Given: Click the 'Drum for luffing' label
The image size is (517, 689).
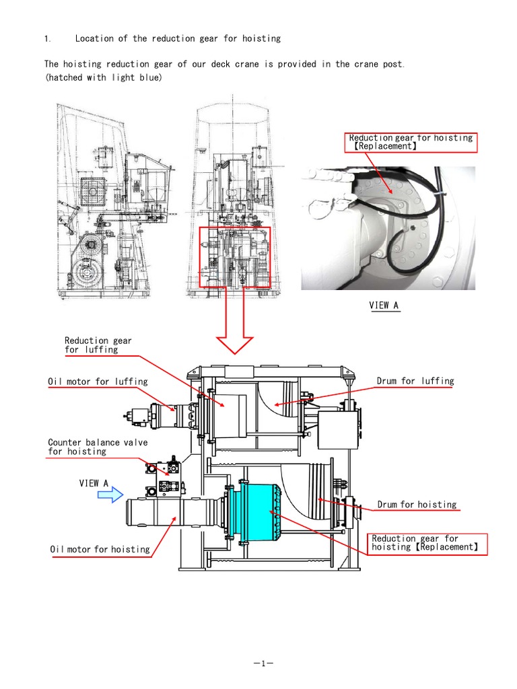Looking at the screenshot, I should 415,382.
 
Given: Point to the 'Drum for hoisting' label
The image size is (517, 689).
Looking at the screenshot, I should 417,505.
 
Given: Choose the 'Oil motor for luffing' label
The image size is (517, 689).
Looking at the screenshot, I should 98,382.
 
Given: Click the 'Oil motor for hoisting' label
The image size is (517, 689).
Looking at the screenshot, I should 100,550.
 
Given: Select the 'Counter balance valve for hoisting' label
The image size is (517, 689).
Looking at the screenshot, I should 98,447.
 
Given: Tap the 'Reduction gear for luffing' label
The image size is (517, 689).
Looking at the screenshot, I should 98,345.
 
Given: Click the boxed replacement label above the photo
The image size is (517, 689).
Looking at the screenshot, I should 411,142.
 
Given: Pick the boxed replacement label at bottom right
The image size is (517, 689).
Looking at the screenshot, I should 427,543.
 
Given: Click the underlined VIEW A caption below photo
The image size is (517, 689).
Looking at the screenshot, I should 384,305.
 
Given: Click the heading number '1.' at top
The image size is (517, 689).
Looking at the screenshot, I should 47,39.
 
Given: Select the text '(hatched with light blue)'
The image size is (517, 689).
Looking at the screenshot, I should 103,77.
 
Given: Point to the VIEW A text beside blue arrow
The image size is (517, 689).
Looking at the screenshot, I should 94,483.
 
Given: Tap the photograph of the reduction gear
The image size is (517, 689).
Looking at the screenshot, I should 387,229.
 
